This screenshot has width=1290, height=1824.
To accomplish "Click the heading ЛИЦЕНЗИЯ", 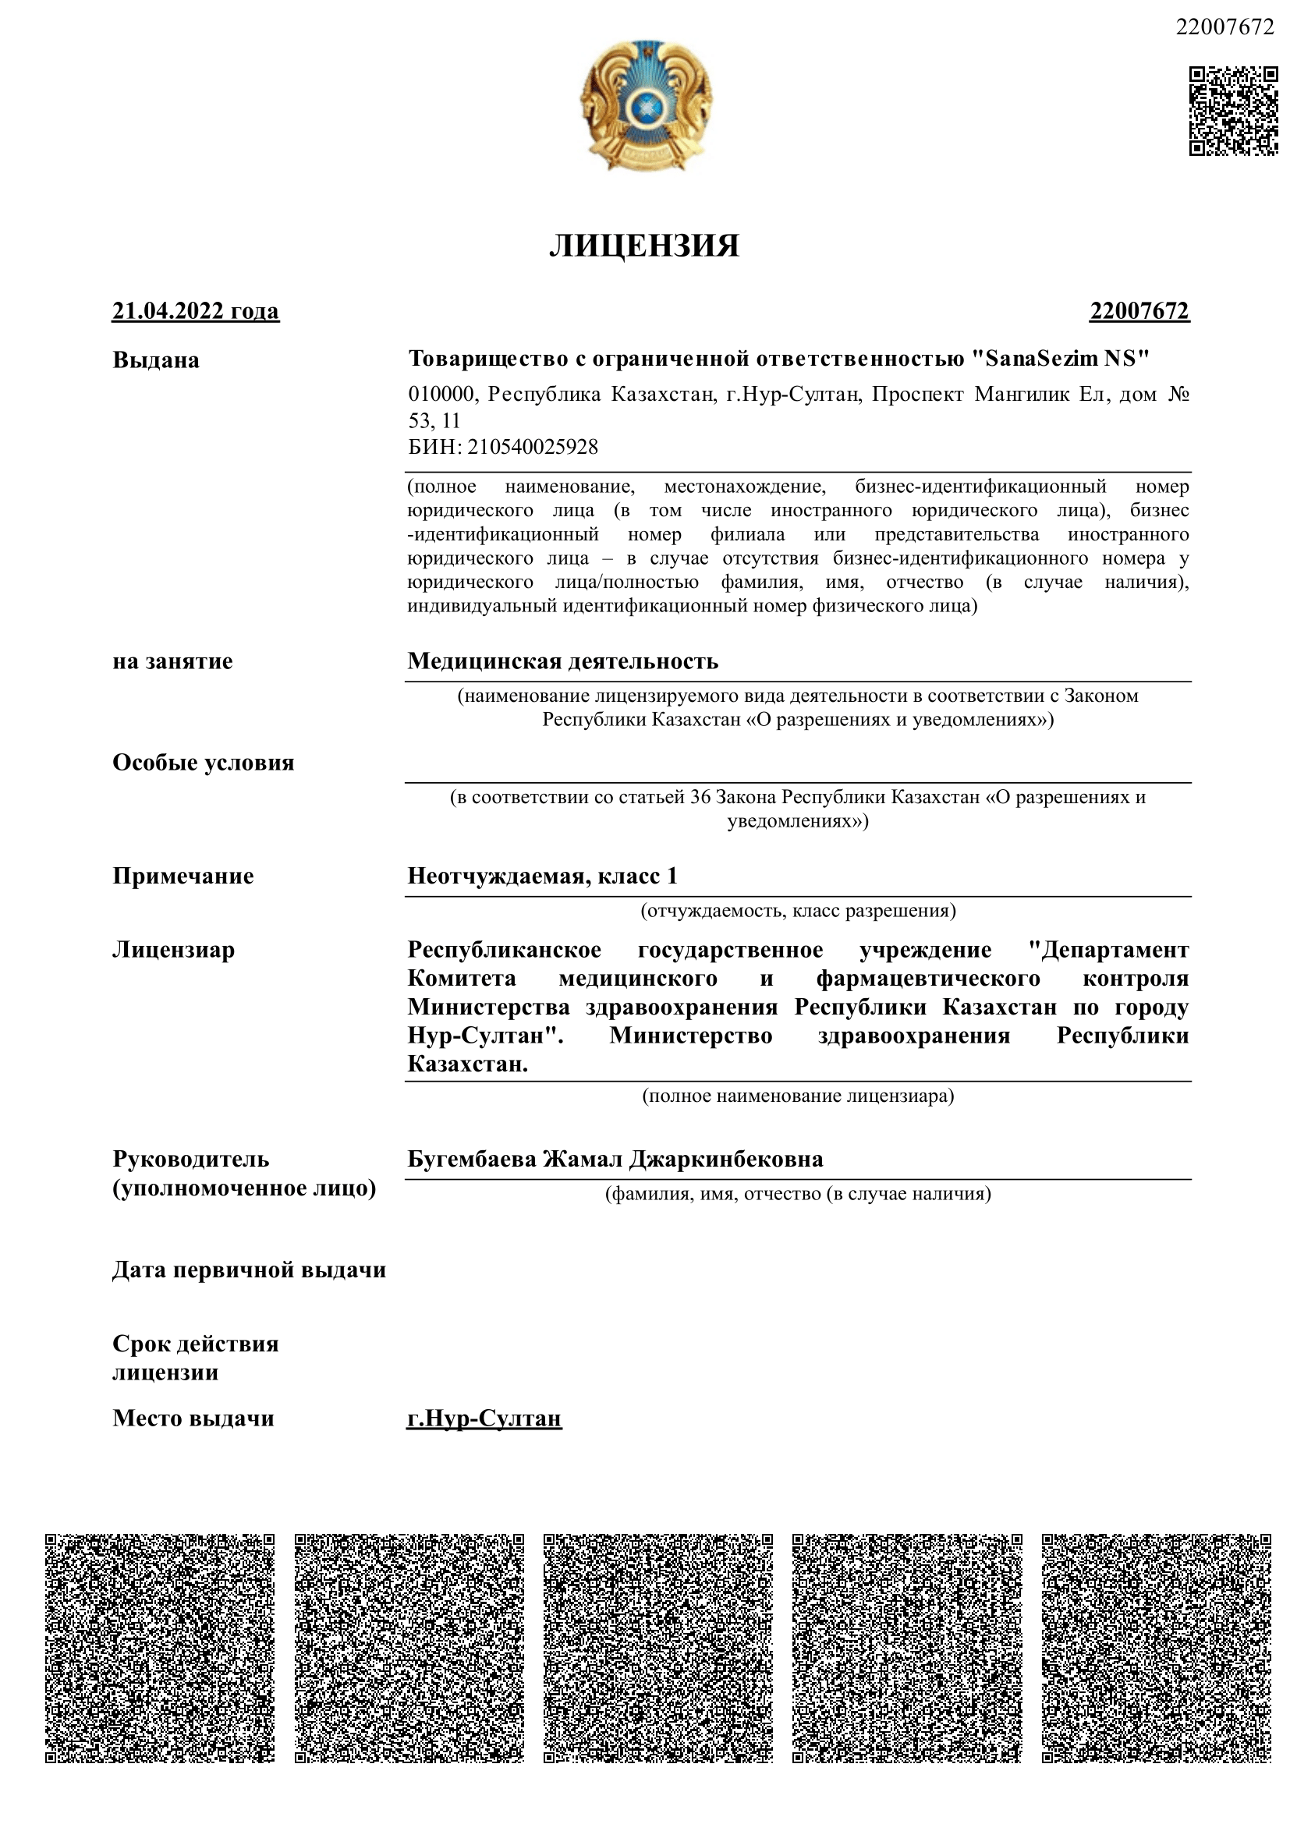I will [x=643, y=246].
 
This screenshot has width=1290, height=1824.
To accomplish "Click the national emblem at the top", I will [x=645, y=107].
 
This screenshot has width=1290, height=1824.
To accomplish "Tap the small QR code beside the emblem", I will [x=1232, y=112].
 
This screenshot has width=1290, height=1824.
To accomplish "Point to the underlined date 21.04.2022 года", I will [x=196, y=310].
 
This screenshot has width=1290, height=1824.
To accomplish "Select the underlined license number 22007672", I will [x=1138, y=310].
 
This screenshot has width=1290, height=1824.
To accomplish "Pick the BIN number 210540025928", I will [x=532, y=447].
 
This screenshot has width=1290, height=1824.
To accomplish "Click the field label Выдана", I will [x=156, y=359].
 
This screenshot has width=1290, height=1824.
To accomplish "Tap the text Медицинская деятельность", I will [x=562, y=661].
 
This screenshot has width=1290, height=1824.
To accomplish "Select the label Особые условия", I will [x=204, y=763].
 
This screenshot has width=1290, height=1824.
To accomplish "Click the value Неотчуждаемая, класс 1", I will [x=542, y=876].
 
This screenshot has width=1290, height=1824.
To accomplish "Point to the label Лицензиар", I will [x=173, y=950].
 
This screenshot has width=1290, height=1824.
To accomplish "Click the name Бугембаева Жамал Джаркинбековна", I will [x=615, y=1159].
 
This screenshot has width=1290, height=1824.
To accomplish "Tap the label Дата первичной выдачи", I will [x=250, y=1270].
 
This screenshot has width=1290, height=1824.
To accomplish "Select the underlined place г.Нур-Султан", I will [x=484, y=1418].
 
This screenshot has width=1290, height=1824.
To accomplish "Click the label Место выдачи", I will [x=193, y=1418].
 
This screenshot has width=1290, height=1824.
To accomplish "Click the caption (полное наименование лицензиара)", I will [x=798, y=1096].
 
